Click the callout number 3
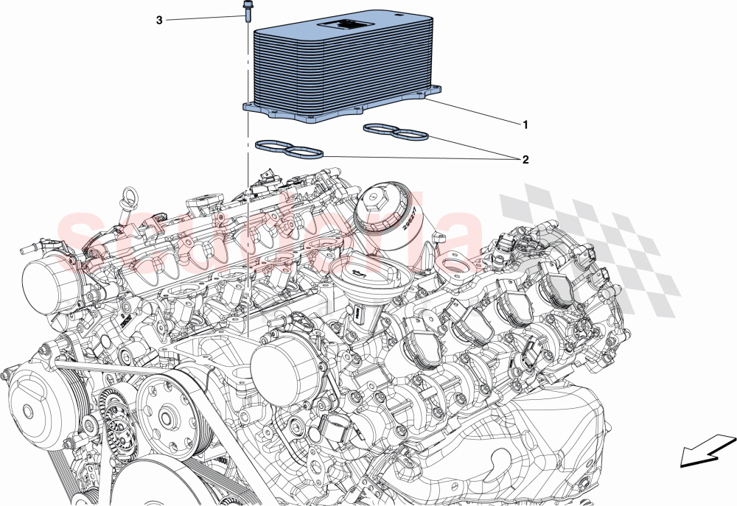click(x=159, y=21)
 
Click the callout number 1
click(x=525, y=125)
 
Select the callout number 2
click(x=525, y=158)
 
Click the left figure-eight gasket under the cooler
click(x=289, y=150)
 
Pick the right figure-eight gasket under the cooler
click(x=397, y=133)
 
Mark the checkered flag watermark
click(x=590, y=243)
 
